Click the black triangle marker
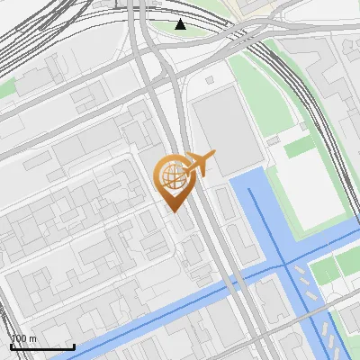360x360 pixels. tap(181, 23)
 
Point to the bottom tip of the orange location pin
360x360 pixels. tap(172, 210)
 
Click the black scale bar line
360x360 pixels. tap(42, 346)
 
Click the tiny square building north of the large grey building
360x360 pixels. tap(210, 79)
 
